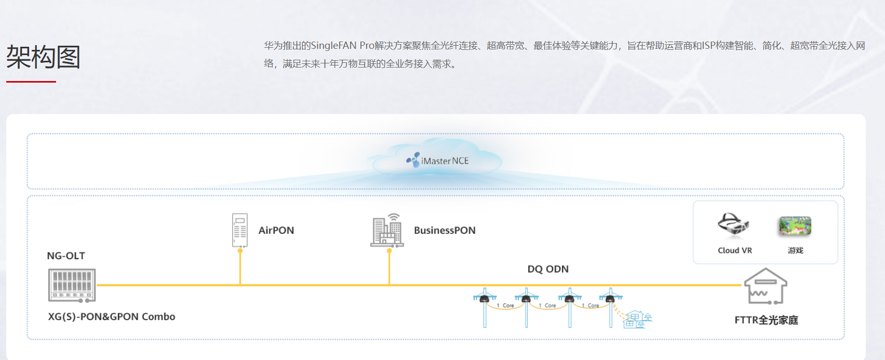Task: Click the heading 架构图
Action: pos(43,57)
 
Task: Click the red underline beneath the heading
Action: pos(31,82)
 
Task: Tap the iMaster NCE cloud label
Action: pos(445,161)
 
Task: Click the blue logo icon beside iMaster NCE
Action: pos(413,160)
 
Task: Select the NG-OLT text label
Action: pos(66,256)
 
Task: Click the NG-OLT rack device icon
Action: pos(72,285)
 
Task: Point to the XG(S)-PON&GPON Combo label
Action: pos(112,316)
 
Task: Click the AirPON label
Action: pos(276,230)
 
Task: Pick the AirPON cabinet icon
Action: pos(240,230)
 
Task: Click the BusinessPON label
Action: pos(445,230)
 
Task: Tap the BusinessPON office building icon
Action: pos(387,230)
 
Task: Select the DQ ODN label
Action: pos(548,269)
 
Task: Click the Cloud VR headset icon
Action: pos(733,224)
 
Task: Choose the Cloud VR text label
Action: pos(735,250)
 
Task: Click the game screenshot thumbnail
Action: pos(795,226)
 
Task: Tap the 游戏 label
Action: pos(795,250)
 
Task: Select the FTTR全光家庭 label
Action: pos(766,320)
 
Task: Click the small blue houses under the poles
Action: pos(637,319)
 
